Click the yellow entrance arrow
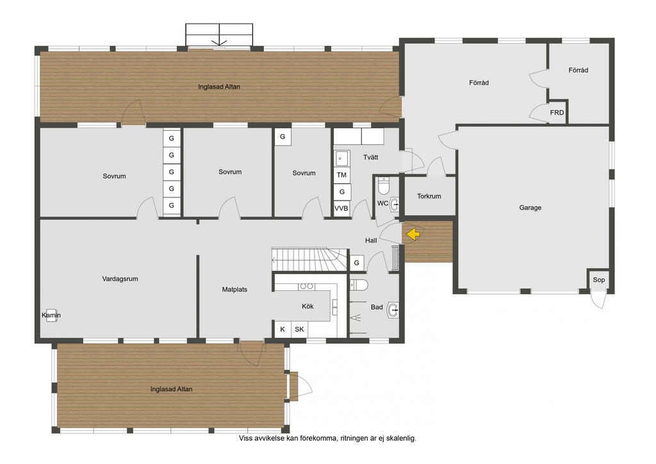[413, 234]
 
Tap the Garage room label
[530, 208]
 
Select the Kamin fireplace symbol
[51, 315]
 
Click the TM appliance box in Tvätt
[341, 175]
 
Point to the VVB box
[341, 208]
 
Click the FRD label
[557, 113]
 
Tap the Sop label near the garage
[599, 280]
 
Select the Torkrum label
[429, 196]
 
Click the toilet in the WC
[384, 186]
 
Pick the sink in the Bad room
[393, 310]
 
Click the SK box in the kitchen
[300, 329]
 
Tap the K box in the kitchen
[283, 329]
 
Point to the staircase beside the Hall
[309, 260]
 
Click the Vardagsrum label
[120, 279]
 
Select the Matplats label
[234, 289]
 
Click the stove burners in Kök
[306, 286]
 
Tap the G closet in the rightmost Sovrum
[283, 137]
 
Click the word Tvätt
[371, 157]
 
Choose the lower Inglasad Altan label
[172, 389]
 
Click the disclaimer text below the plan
[327, 438]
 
